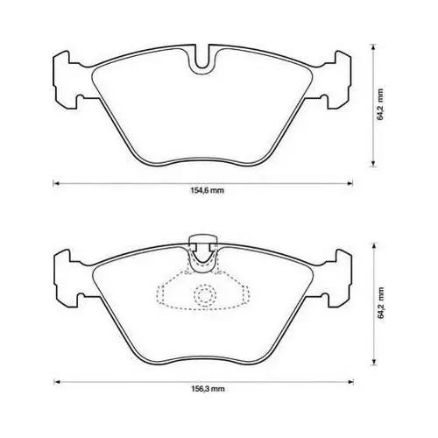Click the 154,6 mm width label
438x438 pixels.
(x=208, y=191)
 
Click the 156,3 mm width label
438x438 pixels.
(x=208, y=389)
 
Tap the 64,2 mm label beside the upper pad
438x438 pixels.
(x=380, y=104)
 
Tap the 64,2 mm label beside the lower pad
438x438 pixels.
(x=380, y=302)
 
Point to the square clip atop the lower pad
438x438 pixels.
(x=203, y=242)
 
